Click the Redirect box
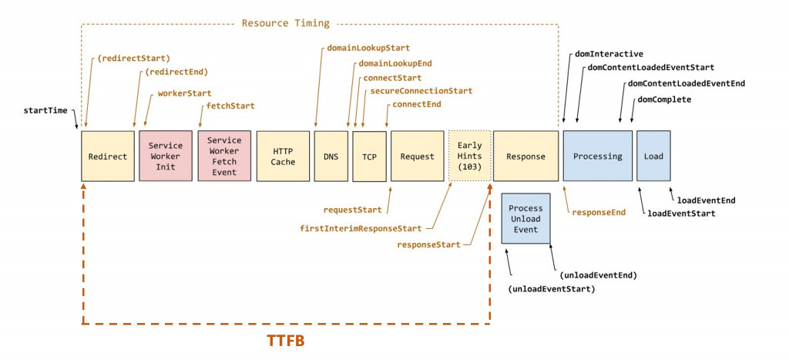point(107,156)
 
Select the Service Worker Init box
point(166,156)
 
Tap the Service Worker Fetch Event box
point(224,156)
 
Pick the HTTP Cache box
point(283,156)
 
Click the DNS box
point(331,156)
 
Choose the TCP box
point(369,156)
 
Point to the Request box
point(417,156)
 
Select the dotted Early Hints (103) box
point(468,156)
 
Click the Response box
point(525,156)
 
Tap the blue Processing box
point(597,156)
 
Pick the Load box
point(653,156)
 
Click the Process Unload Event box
point(525,219)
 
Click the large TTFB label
point(286,341)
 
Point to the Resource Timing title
point(285,23)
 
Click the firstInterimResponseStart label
point(361,228)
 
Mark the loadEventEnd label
point(706,200)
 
